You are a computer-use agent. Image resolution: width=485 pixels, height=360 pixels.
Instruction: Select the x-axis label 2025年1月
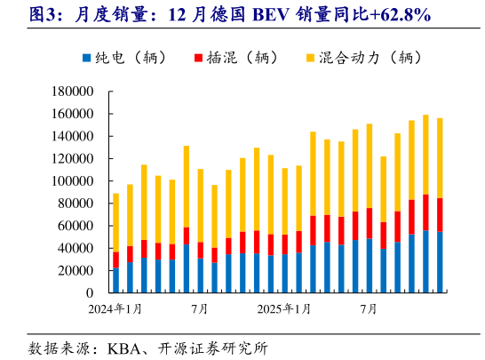[x=284, y=309]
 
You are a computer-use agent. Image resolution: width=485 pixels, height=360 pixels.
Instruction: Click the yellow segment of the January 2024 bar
[x=115, y=222]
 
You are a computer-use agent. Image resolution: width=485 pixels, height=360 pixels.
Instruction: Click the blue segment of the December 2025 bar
[x=440, y=262]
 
